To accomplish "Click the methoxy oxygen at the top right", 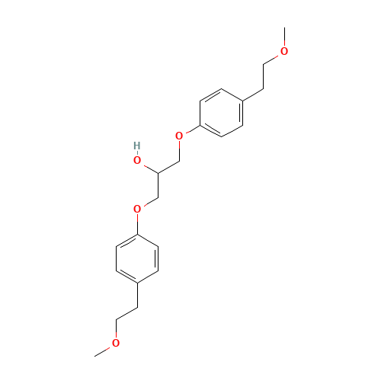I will click(285, 51).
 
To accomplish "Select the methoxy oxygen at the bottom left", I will click(116, 344).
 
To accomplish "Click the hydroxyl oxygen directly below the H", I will click(137, 160).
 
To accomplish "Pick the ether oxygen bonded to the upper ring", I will click(179, 136).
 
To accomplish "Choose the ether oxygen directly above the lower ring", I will click(137, 209).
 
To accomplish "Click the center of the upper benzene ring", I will click(222, 113).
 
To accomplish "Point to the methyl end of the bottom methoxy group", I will click(95, 355).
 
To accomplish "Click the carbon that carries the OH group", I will click(158, 173).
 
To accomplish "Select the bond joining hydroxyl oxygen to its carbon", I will click(148, 167).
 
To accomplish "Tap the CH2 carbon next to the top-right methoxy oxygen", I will click(264, 64).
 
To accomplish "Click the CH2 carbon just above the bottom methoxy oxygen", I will click(117, 320).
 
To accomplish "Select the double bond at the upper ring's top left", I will click(211, 95).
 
